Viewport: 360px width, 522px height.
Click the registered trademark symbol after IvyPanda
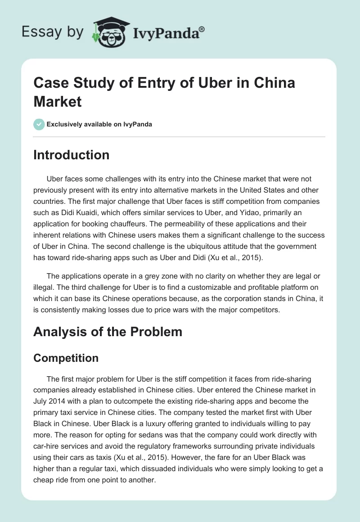point(202,29)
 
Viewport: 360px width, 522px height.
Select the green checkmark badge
point(39,124)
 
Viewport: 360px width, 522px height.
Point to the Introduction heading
point(72,155)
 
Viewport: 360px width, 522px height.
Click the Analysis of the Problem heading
point(108,332)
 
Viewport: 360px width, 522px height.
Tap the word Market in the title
point(58,101)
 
